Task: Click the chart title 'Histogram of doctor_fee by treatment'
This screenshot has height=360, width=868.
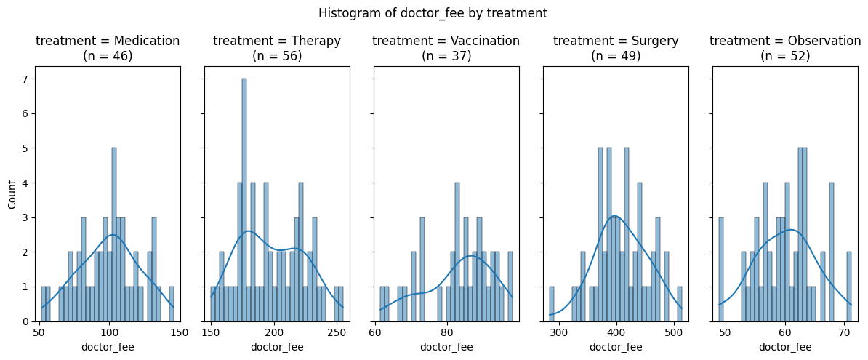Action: pyautogui.click(x=433, y=13)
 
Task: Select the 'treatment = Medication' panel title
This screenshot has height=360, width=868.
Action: pyautogui.click(x=108, y=48)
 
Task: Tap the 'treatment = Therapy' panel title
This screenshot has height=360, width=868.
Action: pyautogui.click(x=277, y=48)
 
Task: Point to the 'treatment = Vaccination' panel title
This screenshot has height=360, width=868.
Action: pyautogui.click(x=446, y=48)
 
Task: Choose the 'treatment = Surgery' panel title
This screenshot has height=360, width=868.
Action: pyautogui.click(x=616, y=48)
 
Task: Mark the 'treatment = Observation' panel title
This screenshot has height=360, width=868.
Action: pyautogui.click(x=785, y=48)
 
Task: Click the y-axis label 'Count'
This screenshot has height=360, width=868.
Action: pyautogui.click(x=12, y=194)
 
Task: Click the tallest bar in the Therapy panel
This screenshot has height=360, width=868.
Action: pyautogui.click(x=244, y=200)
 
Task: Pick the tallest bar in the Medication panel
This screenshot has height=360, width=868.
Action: pyautogui.click(x=113, y=234)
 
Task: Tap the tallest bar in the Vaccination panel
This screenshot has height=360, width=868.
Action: pyautogui.click(x=457, y=252)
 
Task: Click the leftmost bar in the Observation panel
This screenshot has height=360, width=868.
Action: pyautogui.click(x=721, y=269)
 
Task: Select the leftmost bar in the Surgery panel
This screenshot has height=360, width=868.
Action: pyautogui.click(x=552, y=304)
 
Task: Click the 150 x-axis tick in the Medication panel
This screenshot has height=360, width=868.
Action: pyautogui.click(x=179, y=332)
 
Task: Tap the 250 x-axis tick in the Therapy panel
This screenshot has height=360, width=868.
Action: pyautogui.click(x=336, y=332)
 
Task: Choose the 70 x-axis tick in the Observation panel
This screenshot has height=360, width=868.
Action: pyautogui.click(x=844, y=332)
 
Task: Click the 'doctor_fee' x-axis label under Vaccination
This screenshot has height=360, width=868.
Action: pyautogui.click(x=446, y=347)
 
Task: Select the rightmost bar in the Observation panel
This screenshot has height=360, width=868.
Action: pyautogui.click(x=849, y=287)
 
